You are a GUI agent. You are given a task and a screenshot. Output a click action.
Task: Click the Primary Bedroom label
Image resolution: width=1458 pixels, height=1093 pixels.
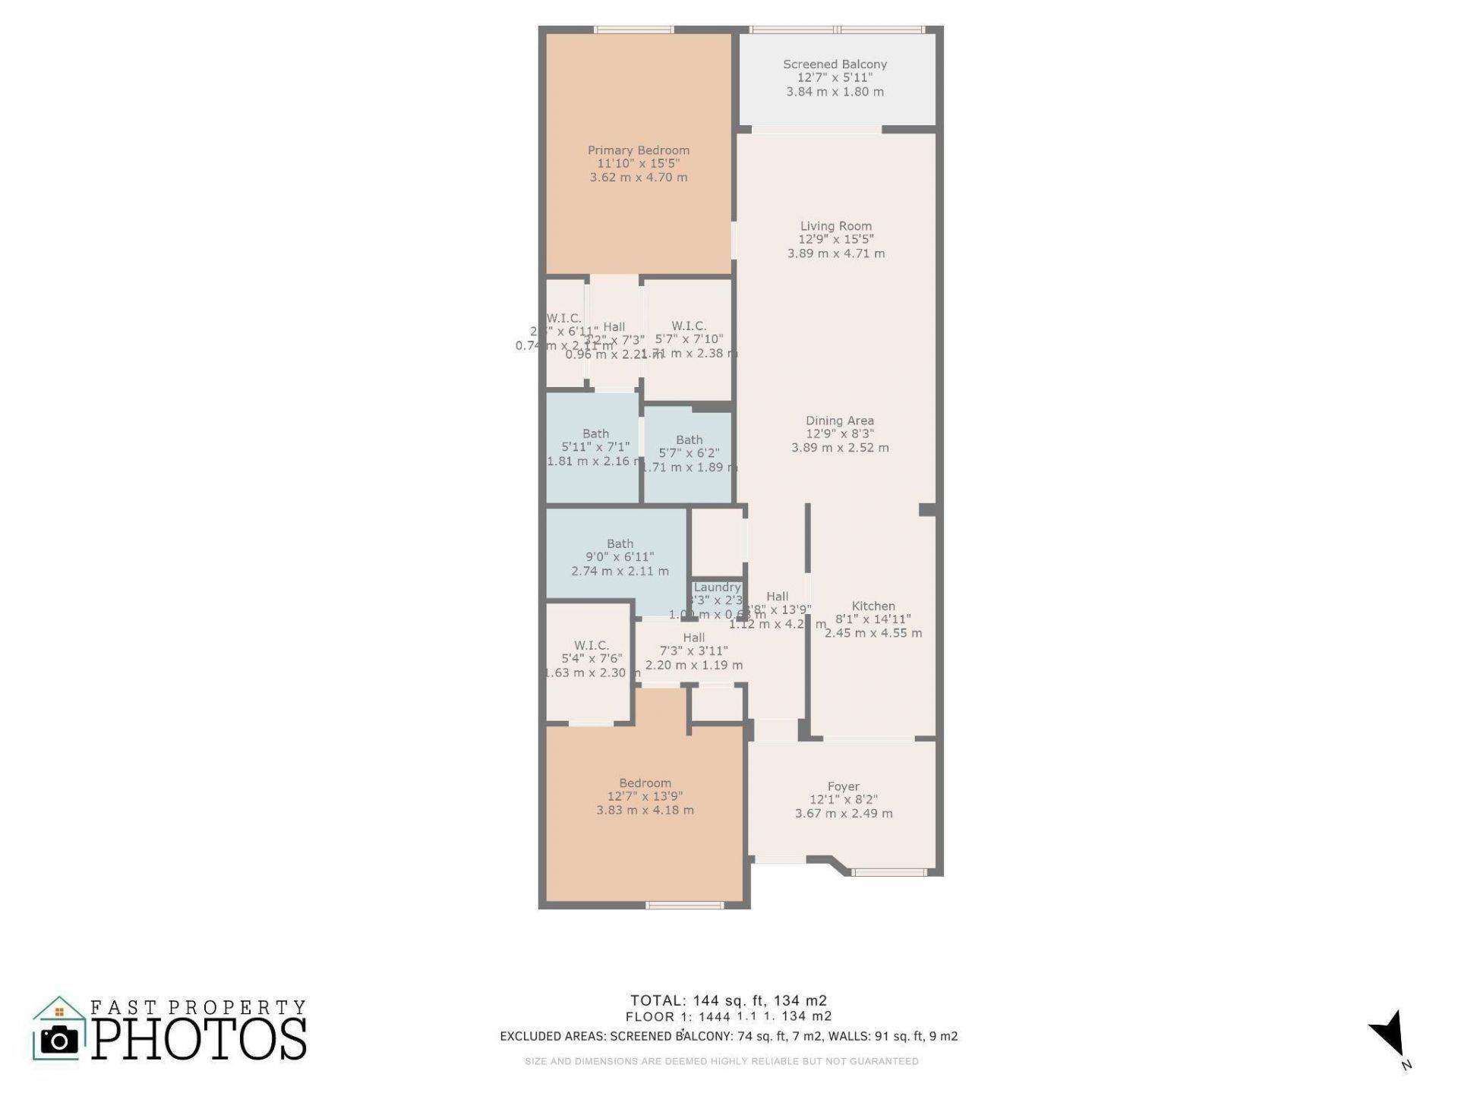(639, 150)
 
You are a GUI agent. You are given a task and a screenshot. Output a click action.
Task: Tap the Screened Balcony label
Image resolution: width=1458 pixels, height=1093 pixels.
(835, 65)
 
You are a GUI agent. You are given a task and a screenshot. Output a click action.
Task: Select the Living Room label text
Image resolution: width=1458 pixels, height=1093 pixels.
(835, 226)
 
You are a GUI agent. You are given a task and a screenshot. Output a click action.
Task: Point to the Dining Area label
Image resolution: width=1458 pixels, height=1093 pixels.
(839, 421)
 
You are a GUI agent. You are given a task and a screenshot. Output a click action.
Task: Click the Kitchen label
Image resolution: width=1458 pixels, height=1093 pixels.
(873, 606)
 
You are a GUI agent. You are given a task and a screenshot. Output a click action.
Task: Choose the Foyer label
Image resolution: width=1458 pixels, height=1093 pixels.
(843, 787)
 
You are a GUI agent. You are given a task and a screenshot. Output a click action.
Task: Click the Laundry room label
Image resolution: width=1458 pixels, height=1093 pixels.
(717, 587)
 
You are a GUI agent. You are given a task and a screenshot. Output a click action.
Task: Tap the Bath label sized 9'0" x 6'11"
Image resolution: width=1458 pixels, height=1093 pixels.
(620, 543)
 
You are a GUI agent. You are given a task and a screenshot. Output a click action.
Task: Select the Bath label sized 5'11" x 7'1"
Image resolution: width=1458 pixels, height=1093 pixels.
(595, 434)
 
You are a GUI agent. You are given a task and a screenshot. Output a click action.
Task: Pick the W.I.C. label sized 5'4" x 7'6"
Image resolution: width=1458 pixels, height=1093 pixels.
(591, 646)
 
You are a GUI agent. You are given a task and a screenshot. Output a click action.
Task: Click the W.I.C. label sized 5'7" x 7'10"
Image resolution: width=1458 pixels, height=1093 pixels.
(688, 326)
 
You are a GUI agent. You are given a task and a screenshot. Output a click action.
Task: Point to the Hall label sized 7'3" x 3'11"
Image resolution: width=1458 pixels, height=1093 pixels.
(693, 638)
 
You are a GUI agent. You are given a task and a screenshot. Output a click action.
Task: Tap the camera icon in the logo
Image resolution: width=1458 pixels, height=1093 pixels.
(58, 1040)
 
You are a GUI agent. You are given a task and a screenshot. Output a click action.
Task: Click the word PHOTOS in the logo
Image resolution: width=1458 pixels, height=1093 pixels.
(200, 1039)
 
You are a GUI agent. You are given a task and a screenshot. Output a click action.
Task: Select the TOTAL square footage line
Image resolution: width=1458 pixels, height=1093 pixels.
(728, 1000)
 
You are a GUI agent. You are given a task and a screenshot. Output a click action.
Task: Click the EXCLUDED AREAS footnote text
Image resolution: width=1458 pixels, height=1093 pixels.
(728, 1036)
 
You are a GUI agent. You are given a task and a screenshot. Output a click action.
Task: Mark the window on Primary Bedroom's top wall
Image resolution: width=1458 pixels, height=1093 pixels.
(633, 30)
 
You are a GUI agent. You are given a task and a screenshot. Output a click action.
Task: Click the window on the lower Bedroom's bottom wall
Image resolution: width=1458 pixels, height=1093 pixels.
(684, 905)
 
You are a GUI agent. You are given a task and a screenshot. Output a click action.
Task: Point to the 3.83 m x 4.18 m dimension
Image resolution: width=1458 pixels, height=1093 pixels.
(645, 810)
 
